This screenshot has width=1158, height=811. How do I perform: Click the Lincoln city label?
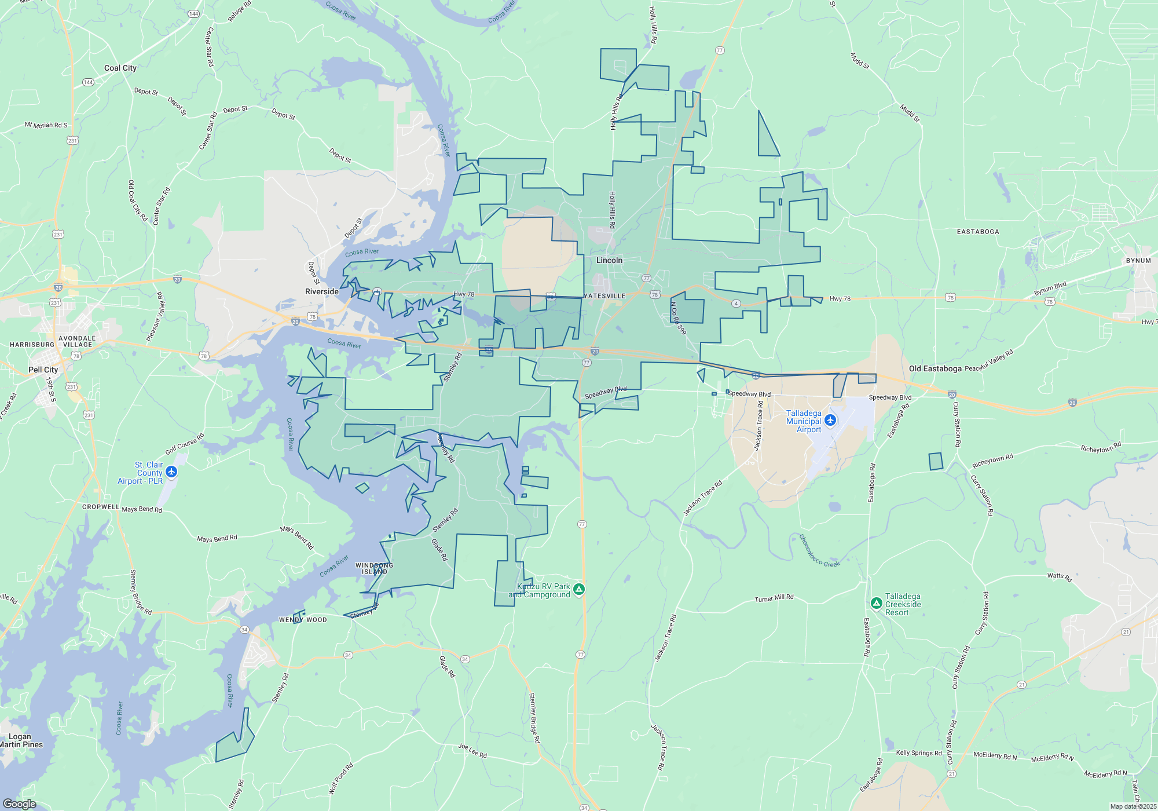pos(609,260)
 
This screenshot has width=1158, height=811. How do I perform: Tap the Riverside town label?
pos(321,291)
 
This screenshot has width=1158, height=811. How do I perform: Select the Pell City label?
pos(43,370)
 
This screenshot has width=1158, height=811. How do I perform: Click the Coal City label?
pos(120,68)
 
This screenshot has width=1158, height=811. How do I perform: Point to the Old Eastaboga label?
pos(935,368)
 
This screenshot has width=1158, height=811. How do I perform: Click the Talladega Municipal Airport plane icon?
pos(830,420)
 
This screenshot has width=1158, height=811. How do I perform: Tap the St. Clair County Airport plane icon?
pos(171,472)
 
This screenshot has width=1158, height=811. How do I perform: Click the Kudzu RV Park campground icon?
pos(579,589)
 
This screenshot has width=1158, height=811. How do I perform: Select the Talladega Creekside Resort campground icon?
pos(877,604)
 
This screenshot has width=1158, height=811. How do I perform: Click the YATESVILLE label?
pos(604,296)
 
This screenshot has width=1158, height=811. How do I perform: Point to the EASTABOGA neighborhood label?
pos(978,232)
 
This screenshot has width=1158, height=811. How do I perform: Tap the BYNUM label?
pos(1138,261)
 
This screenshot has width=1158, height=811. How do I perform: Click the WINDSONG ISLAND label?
pos(374,568)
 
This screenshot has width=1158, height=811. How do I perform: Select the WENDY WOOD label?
pos(303,620)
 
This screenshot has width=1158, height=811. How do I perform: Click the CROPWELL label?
pos(101,507)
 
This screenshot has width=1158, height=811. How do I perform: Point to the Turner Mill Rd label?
pos(774,598)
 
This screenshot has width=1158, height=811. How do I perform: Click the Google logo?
pos(20,803)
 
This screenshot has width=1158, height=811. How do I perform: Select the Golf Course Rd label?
pos(185,444)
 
